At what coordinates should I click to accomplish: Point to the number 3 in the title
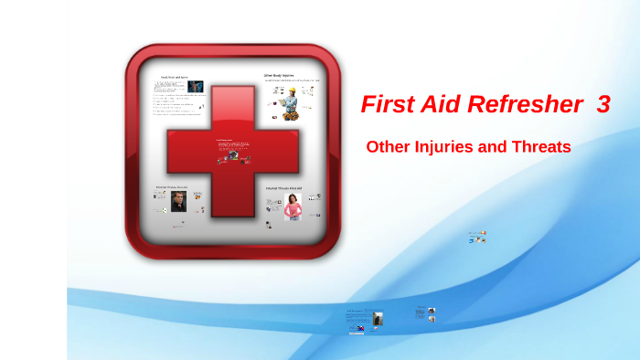(x=603, y=105)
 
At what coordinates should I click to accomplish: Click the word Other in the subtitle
(x=389, y=146)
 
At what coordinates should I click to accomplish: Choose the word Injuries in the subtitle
(x=450, y=146)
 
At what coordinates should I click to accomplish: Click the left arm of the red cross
(x=187, y=150)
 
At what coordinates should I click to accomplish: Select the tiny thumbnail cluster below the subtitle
(x=477, y=236)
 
